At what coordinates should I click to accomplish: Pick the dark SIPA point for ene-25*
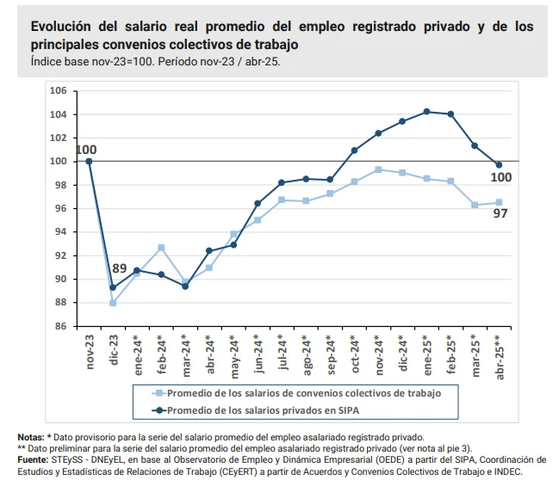click(426, 111)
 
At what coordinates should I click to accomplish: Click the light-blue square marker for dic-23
click(113, 303)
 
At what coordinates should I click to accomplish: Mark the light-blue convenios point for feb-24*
click(161, 248)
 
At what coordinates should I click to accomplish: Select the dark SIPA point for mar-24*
click(185, 286)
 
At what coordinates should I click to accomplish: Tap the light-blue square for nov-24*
click(378, 169)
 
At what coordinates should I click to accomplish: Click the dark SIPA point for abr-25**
click(499, 165)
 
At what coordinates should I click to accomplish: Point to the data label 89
click(119, 268)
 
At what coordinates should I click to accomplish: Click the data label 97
click(500, 213)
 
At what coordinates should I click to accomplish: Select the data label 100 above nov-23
click(86, 151)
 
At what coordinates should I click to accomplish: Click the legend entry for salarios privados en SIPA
click(267, 409)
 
